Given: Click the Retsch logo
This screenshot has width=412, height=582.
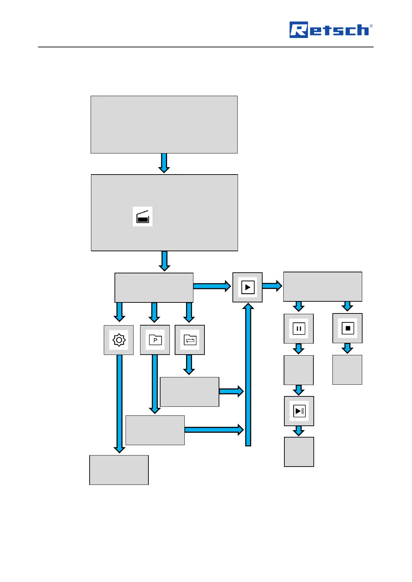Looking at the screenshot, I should point(330,30).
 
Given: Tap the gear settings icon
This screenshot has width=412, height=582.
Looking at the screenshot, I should point(119,340).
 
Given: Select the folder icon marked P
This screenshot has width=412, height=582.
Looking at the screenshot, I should point(155,340).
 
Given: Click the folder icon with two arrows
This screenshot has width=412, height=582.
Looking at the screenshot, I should point(190,340).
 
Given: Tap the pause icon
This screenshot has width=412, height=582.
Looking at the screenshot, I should point(299,329).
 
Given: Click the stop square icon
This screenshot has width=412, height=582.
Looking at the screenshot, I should point(348,328).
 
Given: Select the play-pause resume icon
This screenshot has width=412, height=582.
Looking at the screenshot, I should point(299,411).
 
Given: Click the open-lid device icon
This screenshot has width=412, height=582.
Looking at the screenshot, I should point(143,217).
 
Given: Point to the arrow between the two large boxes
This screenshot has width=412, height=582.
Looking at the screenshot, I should point(164,163).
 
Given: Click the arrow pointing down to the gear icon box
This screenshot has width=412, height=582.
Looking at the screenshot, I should point(119,312).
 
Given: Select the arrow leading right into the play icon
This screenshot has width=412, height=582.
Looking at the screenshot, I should point(212,286).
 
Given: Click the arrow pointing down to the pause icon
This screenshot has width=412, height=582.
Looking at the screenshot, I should point(299,307).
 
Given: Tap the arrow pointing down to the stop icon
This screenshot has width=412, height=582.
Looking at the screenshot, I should point(347,306).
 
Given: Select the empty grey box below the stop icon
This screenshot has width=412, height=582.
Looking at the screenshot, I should point(347,370).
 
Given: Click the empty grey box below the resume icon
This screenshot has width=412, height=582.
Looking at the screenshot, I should point(299,452).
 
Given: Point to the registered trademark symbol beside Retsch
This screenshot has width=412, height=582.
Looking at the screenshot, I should point(371,26).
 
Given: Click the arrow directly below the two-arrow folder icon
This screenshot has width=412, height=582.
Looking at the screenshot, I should point(189,365).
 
